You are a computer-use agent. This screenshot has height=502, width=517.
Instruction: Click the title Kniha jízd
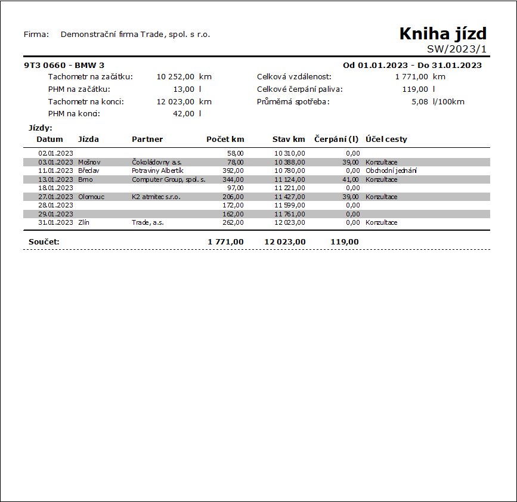point(443,34)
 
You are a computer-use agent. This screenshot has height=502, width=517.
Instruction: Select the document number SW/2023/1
point(457,49)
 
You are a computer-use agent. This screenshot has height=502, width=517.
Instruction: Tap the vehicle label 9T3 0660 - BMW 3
point(64,65)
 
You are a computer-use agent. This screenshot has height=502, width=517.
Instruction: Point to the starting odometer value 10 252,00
point(175,77)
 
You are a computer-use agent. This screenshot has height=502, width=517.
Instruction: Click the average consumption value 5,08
point(419,102)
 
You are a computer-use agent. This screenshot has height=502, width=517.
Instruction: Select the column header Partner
point(147,140)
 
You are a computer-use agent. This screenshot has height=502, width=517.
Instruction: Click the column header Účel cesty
point(386,140)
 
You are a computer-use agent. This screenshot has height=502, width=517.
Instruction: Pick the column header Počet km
point(225,140)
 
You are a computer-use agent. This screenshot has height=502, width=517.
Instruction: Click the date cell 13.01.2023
point(55,179)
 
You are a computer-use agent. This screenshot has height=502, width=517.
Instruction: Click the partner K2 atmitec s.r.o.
point(156,197)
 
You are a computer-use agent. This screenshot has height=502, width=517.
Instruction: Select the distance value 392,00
point(233,171)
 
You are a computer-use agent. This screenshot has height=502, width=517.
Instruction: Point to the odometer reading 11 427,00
point(290,197)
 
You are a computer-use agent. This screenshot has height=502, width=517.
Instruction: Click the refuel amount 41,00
point(351,179)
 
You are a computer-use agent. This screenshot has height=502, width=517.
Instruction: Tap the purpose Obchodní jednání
point(391,171)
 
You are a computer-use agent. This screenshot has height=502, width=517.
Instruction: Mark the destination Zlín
point(83,222)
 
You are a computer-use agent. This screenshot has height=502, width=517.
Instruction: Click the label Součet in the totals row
point(44,241)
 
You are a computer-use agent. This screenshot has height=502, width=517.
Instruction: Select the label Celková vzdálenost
point(294,77)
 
